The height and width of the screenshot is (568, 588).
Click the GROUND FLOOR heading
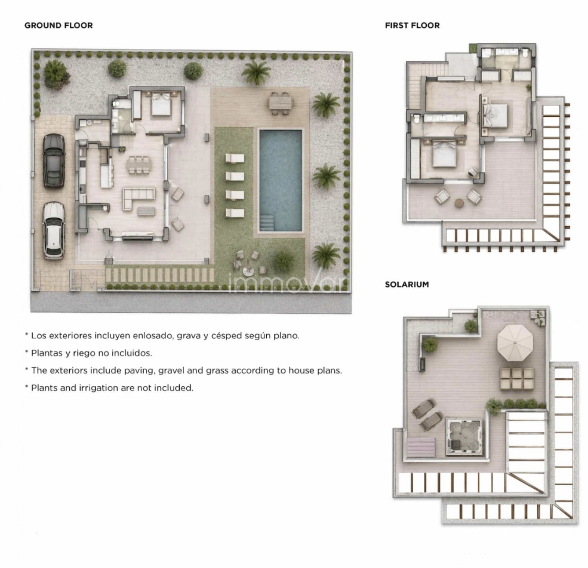point(59,25)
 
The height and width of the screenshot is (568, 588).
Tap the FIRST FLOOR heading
point(412,25)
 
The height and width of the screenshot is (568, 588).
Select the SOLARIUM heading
point(407,285)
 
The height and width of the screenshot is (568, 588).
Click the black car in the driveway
point(54,161)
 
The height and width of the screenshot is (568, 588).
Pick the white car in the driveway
point(53,230)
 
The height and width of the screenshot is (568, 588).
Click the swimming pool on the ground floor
point(281,180)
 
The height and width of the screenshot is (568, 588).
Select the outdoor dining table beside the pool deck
point(281,103)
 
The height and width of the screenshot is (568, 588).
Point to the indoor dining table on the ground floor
point(139,165)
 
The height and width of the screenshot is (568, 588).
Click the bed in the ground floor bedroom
point(161,104)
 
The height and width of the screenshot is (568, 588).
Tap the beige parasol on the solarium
point(515,343)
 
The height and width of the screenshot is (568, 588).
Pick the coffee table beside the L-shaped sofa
point(146,211)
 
